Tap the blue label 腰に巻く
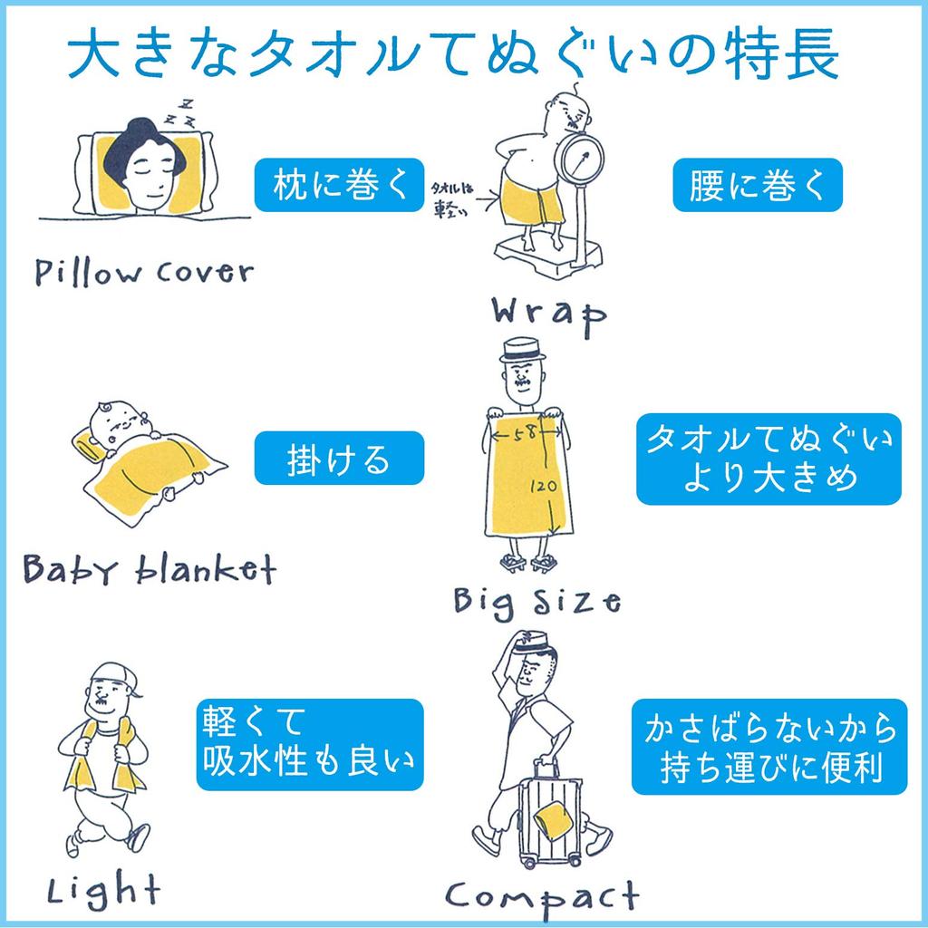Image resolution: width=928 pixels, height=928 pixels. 758,185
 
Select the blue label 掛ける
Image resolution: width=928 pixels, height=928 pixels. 339,458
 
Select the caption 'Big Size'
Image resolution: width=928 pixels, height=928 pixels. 536,599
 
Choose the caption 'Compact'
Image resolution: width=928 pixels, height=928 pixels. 543,896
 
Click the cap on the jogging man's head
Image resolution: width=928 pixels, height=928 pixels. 116,675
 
